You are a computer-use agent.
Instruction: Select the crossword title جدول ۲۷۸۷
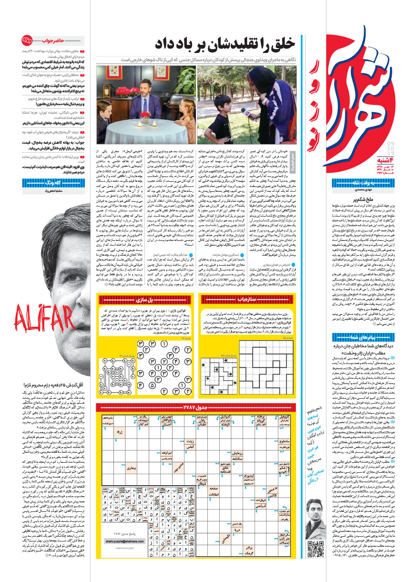click(x=197, y=406)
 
